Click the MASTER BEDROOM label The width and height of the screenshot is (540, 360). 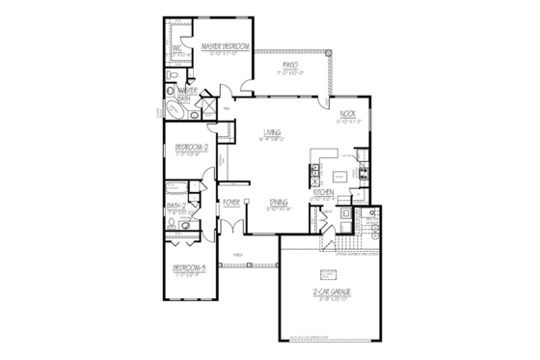226,46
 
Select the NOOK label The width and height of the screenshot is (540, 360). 349,114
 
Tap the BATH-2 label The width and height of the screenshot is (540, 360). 176,206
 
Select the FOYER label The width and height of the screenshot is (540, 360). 231,204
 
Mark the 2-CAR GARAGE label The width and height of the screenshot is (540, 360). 332,291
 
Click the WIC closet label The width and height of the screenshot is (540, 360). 177,49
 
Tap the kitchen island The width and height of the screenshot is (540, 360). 339,177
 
